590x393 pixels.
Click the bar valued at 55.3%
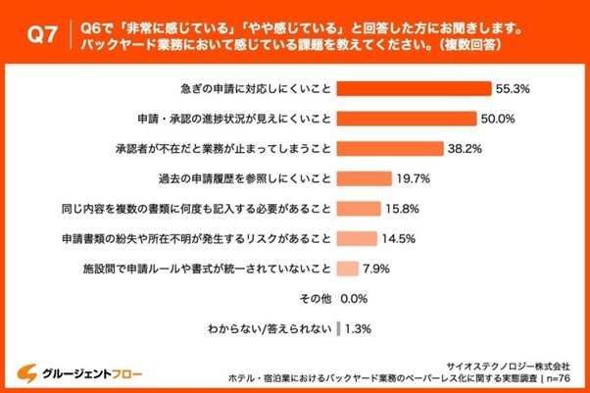pos(414,87)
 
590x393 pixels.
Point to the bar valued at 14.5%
pos(357,238)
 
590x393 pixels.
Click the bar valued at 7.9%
pos(348,268)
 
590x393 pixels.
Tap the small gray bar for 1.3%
pos(338,328)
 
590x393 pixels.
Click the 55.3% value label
pos(514,87)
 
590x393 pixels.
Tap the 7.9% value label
pos(379,268)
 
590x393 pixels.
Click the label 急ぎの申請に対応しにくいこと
pos(254,87)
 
